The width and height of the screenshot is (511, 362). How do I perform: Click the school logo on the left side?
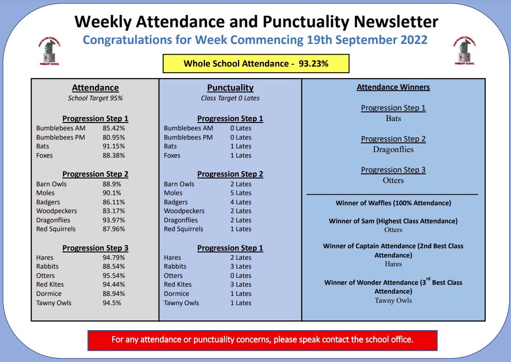pos(49,51)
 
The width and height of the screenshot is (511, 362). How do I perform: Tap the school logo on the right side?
pos(464,51)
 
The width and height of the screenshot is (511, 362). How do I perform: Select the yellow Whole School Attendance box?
pos(256,64)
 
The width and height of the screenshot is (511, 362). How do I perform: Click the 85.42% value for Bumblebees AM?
pos(114,128)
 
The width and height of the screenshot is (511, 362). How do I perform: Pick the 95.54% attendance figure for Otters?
pos(114,276)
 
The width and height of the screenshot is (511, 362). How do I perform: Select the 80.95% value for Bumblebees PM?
pos(114,137)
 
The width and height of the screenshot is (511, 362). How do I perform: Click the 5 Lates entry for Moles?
pos(241,193)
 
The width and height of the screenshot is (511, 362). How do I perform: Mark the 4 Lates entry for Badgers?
pos(241,202)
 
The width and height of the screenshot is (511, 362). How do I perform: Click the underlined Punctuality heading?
pos(230,88)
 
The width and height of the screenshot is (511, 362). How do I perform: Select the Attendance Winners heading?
pos(393,87)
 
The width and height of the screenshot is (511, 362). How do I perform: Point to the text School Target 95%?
pos(95,98)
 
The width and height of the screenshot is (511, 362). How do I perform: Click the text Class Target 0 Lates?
pos(230,98)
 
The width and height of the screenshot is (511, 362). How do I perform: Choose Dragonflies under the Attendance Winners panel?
pos(393,149)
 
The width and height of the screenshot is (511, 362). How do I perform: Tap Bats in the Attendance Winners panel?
pos(393,118)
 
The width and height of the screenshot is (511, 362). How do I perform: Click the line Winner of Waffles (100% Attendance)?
pos(393,203)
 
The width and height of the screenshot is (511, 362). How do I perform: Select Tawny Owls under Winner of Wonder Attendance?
pos(393,301)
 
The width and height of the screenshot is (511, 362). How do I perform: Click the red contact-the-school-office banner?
pos(262,340)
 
